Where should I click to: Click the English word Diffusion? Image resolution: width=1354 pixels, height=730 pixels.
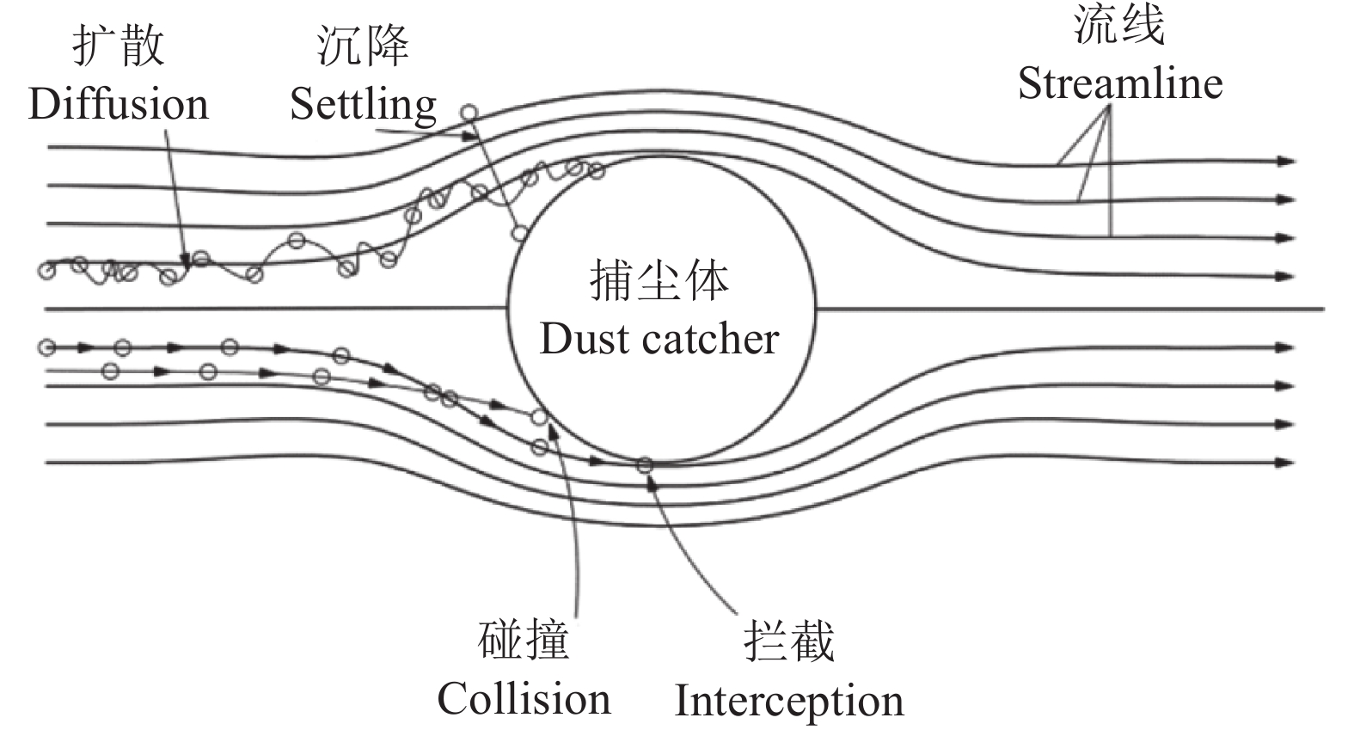coord(119,104)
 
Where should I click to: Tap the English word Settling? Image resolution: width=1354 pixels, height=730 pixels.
coord(363,105)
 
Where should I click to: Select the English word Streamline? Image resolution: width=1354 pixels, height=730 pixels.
coord(1120,83)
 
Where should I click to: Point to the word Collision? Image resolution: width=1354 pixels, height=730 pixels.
coord(524,698)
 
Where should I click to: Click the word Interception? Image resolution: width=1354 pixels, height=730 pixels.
coord(788,700)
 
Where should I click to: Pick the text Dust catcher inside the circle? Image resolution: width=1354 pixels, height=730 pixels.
coord(659,339)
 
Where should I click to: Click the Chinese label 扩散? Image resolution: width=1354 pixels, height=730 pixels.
coord(118,45)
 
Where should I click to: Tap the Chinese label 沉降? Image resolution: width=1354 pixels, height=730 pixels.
coord(362,45)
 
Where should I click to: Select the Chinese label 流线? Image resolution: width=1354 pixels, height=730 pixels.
coord(1119,24)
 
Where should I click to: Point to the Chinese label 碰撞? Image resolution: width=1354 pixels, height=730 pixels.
coord(524,641)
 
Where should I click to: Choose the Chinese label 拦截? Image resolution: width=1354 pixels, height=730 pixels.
coord(788,641)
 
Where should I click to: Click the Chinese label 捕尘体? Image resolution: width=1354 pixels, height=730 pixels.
coord(659,281)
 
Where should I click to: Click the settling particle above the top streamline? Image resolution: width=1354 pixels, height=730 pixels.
coord(469,112)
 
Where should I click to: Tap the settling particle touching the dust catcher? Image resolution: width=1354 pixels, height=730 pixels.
coord(518,232)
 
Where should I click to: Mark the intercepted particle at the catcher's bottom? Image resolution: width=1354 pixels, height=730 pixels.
coord(644,465)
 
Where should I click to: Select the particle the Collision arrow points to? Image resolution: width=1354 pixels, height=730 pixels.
coord(539,417)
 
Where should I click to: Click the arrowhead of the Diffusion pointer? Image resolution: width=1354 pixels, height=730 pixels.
coord(184,260)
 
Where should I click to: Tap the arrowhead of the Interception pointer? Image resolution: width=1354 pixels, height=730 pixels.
coord(652,480)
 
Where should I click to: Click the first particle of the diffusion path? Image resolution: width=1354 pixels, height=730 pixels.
coord(46,271)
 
